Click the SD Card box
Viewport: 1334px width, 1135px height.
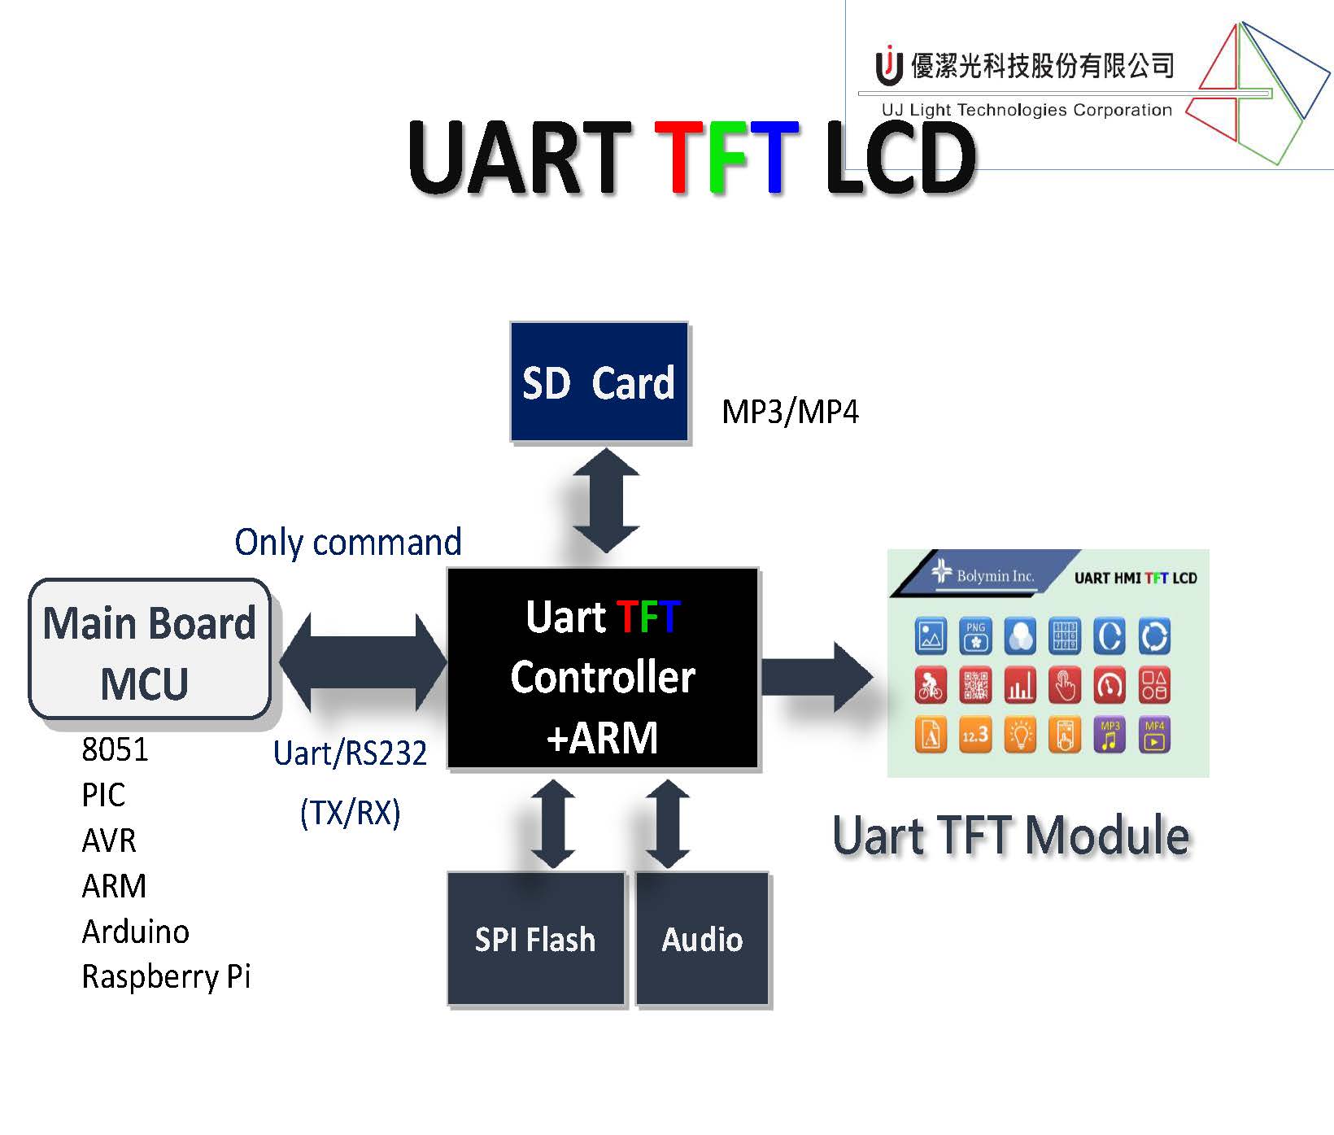click(x=599, y=382)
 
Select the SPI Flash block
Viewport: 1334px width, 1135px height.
click(x=535, y=939)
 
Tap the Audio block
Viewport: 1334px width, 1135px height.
click(x=702, y=939)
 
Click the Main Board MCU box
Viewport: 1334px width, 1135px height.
click(x=150, y=649)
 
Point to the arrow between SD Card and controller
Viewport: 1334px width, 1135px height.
click(x=606, y=500)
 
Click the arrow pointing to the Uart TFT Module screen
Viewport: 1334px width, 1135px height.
click(x=816, y=677)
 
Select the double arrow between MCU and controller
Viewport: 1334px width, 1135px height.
click(x=363, y=662)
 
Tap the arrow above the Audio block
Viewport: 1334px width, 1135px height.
click(x=668, y=823)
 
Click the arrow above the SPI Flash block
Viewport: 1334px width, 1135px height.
click(x=553, y=823)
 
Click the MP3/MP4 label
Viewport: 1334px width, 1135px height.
click(x=790, y=412)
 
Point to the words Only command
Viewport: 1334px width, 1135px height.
click(x=347, y=542)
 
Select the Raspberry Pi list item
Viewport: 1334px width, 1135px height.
click(x=166, y=976)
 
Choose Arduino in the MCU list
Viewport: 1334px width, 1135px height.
click(x=135, y=932)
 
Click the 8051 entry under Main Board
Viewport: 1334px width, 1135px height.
click(x=115, y=749)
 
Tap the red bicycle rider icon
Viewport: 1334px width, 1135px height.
click(x=931, y=686)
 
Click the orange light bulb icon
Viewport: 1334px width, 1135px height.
click(x=1020, y=735)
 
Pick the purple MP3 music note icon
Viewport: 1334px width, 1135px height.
click(x=1109, y=735)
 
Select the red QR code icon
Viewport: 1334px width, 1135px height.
click(x=975, y=686)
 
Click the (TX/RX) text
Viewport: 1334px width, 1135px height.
click(x=350, y=813)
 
